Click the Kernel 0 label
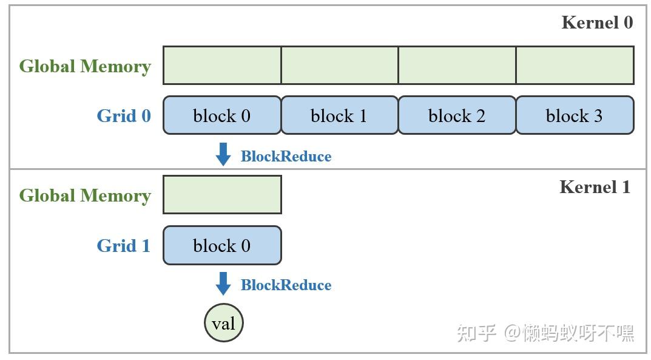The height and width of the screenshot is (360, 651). click(x=597, y=23)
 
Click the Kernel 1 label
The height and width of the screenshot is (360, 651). click(x=595, y=187)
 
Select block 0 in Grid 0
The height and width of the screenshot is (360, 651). click(x=222, y=115)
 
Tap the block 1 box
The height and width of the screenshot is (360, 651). click(x=339, y=115)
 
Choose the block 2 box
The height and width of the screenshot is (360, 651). click(x=457, y=115)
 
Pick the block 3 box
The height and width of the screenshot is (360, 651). click(x=575, y=115)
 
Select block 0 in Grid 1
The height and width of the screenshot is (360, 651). click(x=222, y=245)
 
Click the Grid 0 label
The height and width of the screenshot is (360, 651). click(x=124, y=115)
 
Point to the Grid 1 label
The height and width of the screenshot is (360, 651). click(x=124, y=246)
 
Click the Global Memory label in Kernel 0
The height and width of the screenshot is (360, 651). click(x=85, y=66)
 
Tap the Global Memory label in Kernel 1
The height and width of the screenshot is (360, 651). click(x=85, y=195)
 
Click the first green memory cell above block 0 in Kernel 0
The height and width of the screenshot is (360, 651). click(x=222, y=65)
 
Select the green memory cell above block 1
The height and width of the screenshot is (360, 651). click(x=340, y=65)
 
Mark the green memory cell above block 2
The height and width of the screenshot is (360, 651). click(x=457, y=65)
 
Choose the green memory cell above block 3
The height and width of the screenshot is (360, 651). click(x=575, y=65)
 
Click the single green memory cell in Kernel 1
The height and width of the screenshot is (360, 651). click(x=222, y=194)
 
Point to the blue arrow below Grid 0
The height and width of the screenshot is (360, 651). click(x=223, y=154)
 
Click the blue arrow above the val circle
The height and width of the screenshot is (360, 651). click(x=223, y=284)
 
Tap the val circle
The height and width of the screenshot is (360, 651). click(x=223, y=323)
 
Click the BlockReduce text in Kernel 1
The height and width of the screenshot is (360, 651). click(x=286, y=285)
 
